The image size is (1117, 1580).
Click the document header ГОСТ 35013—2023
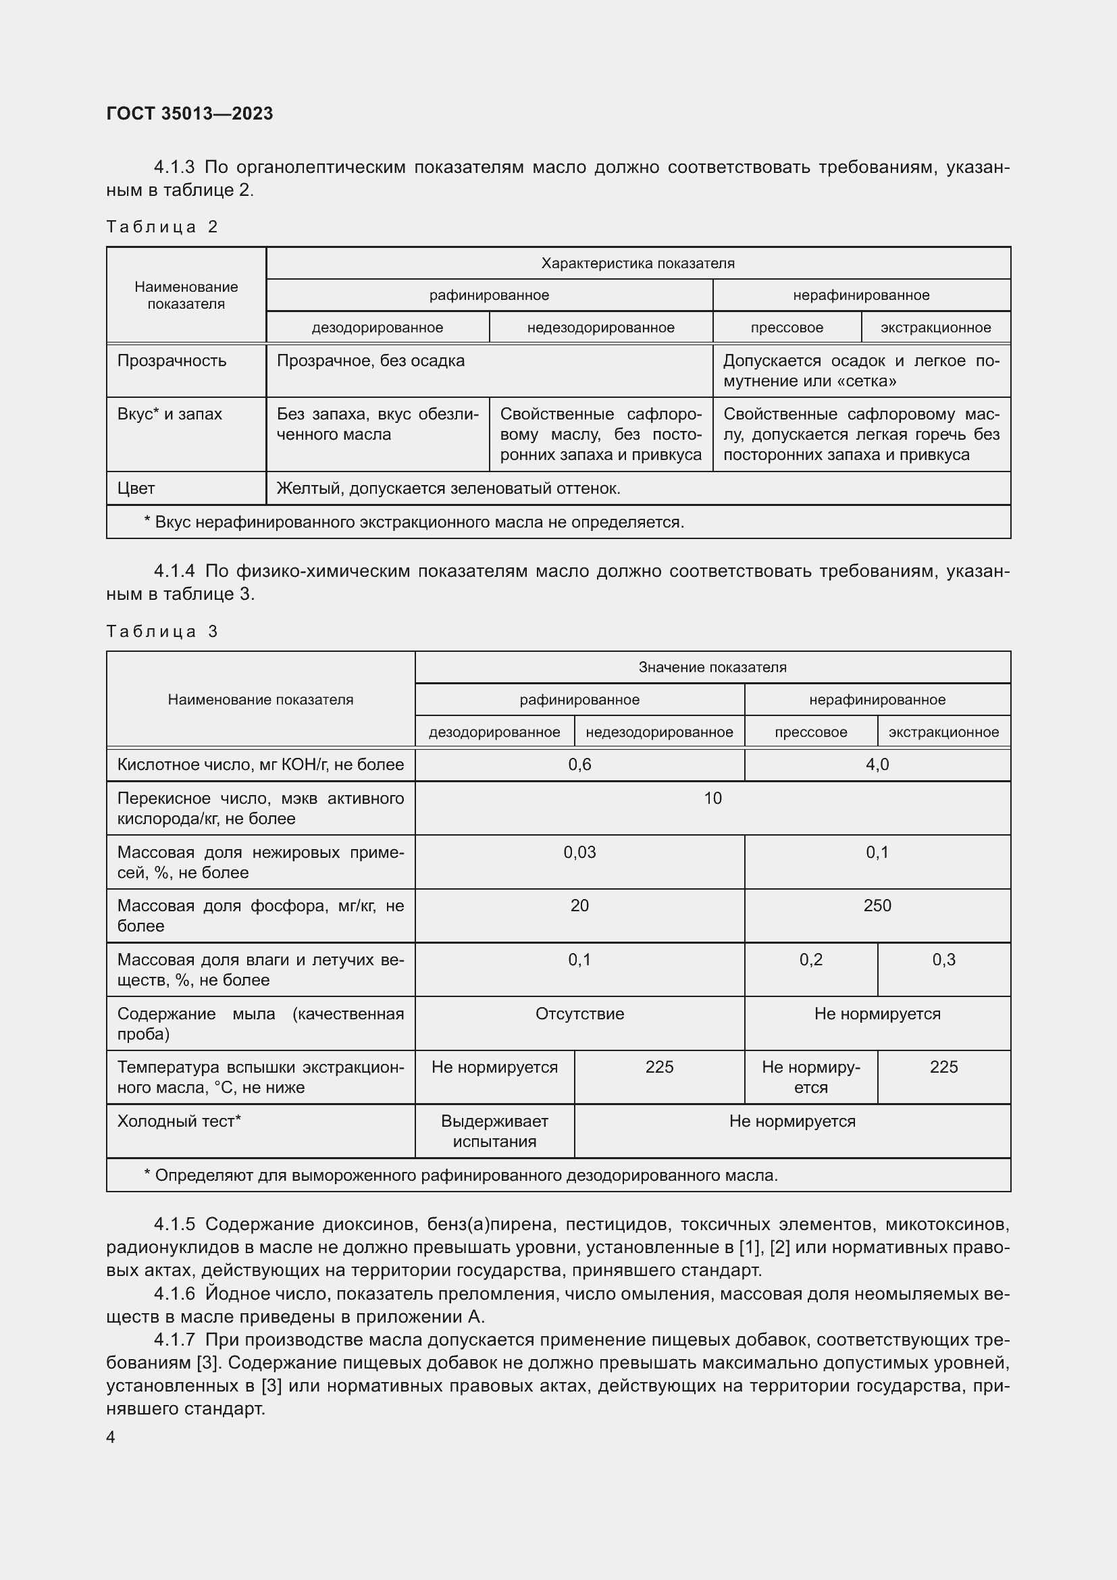190,113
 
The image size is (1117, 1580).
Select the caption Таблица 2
161,227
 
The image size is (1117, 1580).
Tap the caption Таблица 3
161,631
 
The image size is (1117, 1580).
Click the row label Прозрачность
172,361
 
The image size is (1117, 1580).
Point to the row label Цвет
136,488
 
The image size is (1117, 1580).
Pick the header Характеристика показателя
638,263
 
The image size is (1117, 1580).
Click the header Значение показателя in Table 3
712,667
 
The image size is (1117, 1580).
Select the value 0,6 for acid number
579,765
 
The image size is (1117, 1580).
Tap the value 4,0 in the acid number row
877,765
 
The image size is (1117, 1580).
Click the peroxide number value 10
712,798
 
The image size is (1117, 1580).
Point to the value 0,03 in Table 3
579,852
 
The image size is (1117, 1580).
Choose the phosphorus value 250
877,906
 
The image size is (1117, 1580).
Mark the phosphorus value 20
579,906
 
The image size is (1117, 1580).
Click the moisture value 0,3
943,960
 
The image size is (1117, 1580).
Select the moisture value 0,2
810,960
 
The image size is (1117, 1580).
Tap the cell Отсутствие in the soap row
579,1014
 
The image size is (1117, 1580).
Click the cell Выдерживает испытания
494,1131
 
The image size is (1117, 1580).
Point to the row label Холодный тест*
179,1122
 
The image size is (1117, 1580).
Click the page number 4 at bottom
111,1437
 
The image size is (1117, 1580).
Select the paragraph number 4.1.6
175,1294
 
